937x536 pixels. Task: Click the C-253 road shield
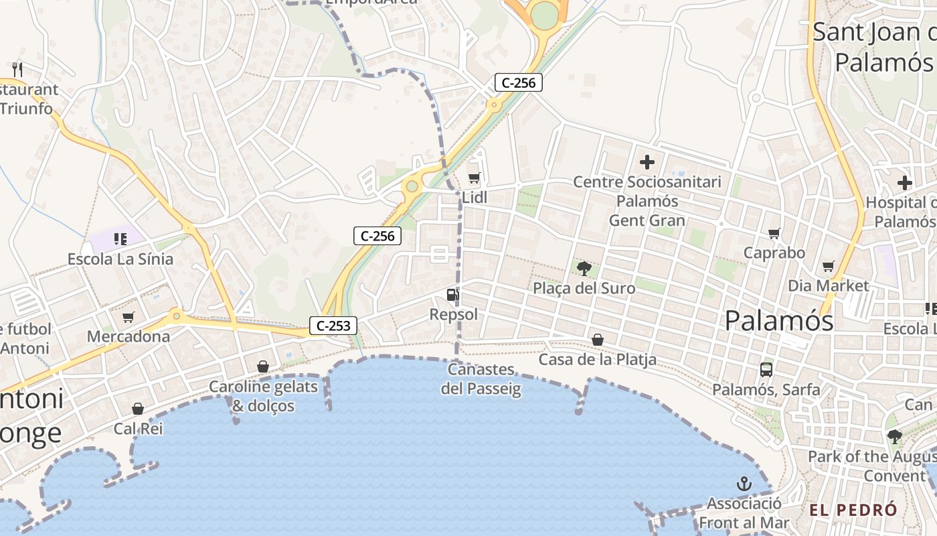pos(333,326)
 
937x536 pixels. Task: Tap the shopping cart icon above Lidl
pos(474,178)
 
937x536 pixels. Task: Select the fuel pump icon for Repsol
pos(453,294)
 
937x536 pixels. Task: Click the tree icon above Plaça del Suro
pos(584,269)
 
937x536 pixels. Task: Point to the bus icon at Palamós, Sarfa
pos(766,369)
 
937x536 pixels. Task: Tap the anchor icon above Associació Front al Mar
pos(744,483)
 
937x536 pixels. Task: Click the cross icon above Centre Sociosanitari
pos(647,162)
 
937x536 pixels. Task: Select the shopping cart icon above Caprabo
pos(774,233)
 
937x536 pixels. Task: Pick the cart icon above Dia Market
pos(828,266)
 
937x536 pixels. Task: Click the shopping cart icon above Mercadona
pos(128,316)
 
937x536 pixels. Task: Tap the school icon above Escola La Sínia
pos(120,239)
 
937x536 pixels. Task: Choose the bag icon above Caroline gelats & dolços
pos(263,366)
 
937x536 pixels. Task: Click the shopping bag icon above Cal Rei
pos(138,409)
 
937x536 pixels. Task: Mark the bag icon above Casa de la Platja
pos(598,340)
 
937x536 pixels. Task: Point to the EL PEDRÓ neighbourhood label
pos(853,510)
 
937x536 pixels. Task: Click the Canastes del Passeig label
pos(481,379)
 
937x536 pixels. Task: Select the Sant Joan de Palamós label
pos(874,47)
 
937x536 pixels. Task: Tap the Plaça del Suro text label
pos(584,289)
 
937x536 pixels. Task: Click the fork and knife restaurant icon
pos(17,68)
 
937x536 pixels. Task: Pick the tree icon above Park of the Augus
pos(894,437)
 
